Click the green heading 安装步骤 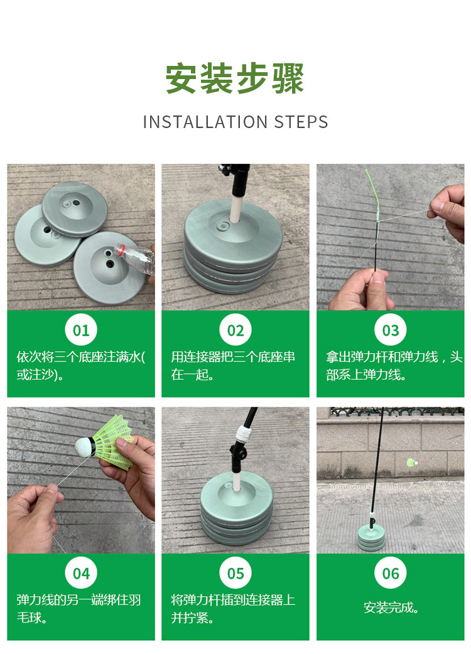coord(235,78)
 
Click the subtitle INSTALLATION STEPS coord(235,122)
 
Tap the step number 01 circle coord(81,330)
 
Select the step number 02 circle coord(235,330)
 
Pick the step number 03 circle coord(391,330)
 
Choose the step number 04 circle coord(81,573)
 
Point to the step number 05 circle coord(235,573)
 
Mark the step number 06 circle coord(391,573)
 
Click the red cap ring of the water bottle coord(120,249)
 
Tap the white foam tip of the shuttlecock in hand coord(86,447)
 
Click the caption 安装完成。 coord(391,608)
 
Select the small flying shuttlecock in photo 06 coord(411,462)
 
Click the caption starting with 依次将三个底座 coord(80,365)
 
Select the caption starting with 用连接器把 coord(233,365)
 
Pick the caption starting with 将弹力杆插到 coord(233,609)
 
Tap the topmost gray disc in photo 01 coord(75,208)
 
